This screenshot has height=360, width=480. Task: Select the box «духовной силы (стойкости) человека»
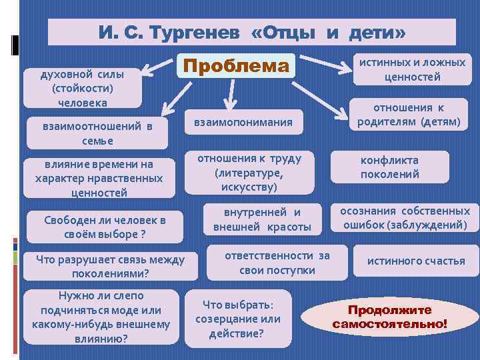(83, 87)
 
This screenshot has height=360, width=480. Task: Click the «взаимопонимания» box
(243, 123)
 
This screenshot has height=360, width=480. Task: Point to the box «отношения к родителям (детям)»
(408, 115)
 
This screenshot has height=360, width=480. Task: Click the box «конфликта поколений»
(389, 167)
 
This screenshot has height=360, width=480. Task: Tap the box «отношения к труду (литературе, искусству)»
(249, 173)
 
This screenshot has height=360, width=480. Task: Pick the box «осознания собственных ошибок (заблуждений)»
(405, 219)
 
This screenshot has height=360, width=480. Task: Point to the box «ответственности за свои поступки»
(277, 263)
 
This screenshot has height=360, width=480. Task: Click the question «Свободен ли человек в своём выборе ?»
(95, 227)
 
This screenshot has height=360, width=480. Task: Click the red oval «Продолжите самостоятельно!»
(390, 317)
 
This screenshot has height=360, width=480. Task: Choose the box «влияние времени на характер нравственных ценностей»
(99, 179)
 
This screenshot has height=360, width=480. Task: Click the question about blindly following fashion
(101, 317)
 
